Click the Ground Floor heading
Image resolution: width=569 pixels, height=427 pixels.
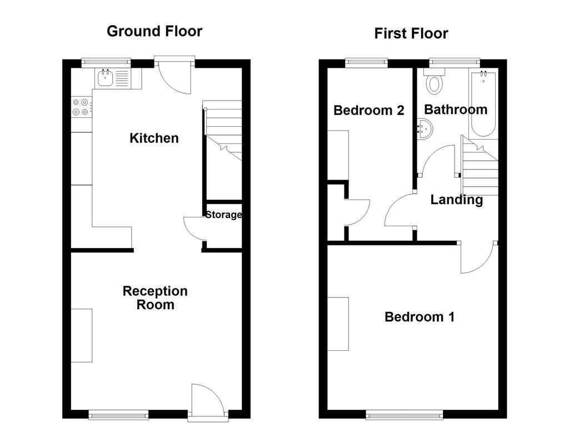tap(154, 31)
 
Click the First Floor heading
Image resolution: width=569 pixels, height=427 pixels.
tap(411, 33)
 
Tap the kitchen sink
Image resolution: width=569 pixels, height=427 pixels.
tap(106, 78)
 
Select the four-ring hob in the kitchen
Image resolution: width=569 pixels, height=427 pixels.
tap(81, 107)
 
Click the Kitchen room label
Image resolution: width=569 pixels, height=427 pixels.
tap(154, 138)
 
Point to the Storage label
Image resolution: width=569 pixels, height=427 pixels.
tap(223, 215)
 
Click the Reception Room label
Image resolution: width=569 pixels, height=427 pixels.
tap(155, 297)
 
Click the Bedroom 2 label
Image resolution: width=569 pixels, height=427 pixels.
tap(368, 110)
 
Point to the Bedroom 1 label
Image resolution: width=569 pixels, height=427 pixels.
tap(420, 317)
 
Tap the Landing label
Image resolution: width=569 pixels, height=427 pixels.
tap(456, 200)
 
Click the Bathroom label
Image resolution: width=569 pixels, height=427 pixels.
tap(456, 110)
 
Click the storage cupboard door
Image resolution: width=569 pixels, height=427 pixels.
tap(194, 228)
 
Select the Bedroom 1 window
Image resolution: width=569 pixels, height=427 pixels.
tap(405, 414)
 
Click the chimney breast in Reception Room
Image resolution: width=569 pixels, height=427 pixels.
tap(82, 335)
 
